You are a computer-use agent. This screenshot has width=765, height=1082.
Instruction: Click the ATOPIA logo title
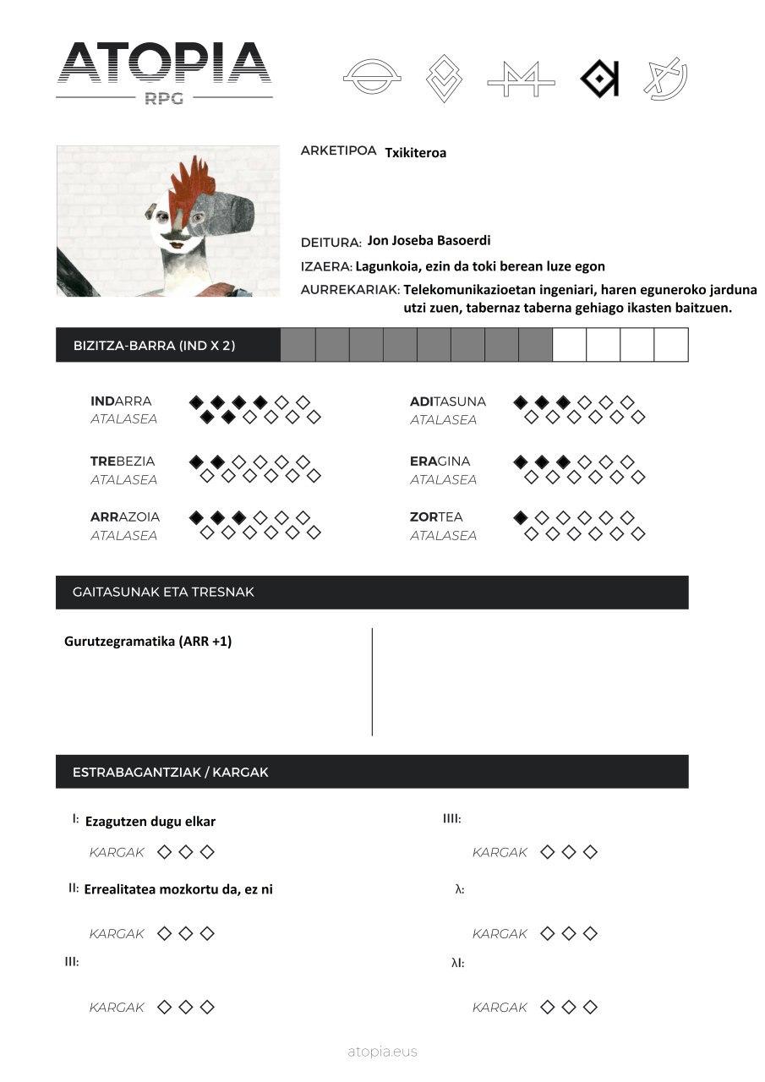pos(164,63)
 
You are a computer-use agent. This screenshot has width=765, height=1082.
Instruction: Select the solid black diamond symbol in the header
pos(599,79)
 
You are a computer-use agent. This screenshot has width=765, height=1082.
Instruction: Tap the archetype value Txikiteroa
pos(415,153)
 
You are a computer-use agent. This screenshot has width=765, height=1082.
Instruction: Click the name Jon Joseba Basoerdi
pos(429,241)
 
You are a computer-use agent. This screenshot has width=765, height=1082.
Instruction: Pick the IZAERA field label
pos(325,266)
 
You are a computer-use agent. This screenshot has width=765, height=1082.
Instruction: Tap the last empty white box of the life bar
pos(671,345)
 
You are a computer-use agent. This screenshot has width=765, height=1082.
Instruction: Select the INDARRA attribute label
pos(121,402)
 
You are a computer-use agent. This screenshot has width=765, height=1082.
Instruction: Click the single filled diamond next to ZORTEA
pos(521,517)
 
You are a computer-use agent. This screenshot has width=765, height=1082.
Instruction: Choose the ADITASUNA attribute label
pos(448,402)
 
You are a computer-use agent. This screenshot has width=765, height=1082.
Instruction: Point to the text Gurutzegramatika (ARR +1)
pos(148,642)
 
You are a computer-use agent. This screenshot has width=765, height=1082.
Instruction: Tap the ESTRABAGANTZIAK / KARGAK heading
pos(171,773)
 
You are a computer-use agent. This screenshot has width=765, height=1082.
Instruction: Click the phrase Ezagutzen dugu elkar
pos(150,822)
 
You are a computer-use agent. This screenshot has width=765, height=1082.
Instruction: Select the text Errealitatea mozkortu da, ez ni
pos(178,889)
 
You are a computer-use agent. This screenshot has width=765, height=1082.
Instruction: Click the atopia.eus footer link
pos(382,1052)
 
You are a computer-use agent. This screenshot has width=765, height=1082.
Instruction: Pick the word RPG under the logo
pos(164,98)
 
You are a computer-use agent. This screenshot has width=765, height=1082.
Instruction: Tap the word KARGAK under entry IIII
pos(500,853)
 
